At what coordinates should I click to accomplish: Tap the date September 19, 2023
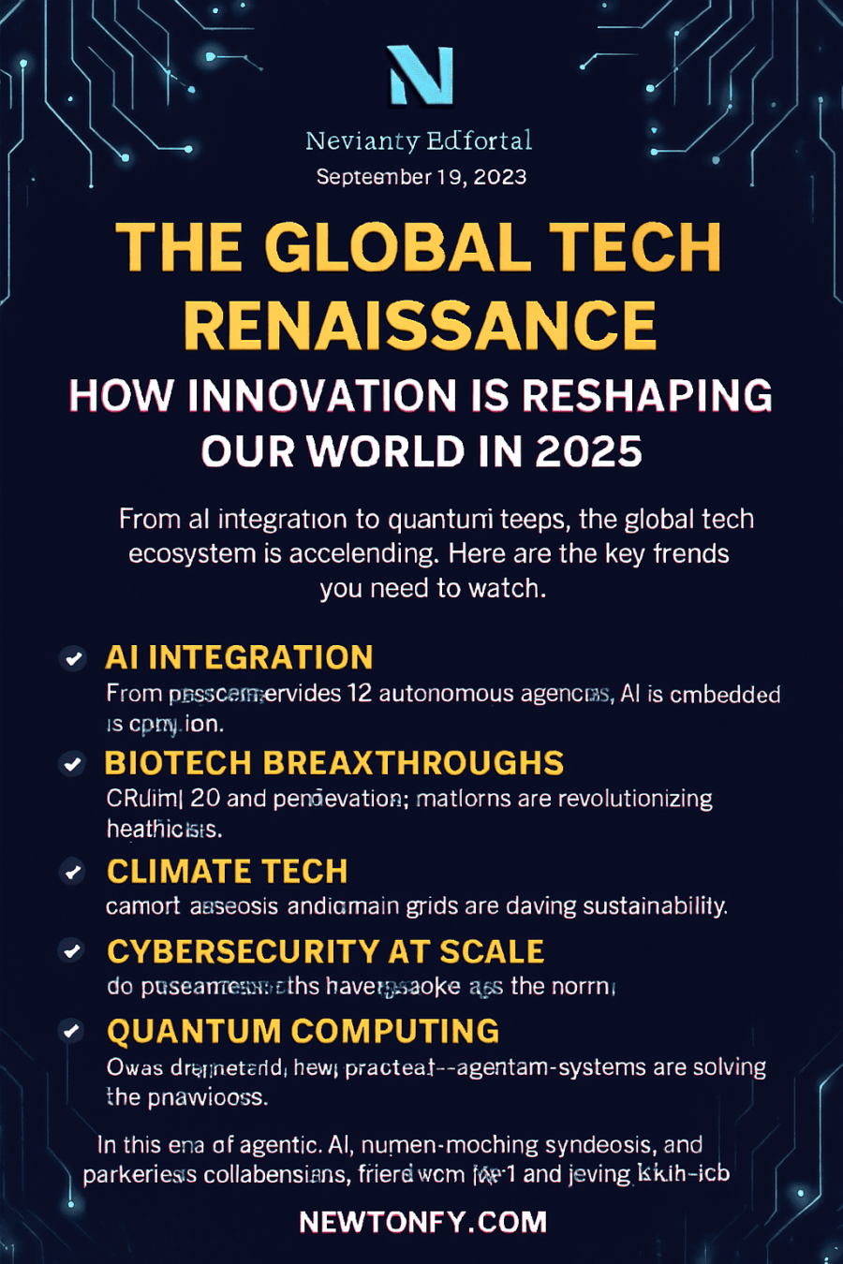[421, 177]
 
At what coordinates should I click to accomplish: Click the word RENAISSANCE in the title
[421, 325]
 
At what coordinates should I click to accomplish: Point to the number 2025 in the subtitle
[588, 451]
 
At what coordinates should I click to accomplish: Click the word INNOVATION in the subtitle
[321, 396]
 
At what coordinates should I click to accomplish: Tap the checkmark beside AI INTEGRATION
[73, 658]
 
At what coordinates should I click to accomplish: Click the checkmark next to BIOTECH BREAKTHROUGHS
[73, 764]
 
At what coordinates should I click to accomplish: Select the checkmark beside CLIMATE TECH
[73, 872]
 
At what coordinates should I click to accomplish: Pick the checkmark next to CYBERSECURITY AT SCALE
[73, 951]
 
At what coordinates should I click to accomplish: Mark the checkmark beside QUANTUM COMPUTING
[73, 1031]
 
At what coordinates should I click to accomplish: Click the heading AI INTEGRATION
[239, 657]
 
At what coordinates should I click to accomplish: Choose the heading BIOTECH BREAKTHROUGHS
[334, 763]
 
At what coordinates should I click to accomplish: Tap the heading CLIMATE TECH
[228, 871]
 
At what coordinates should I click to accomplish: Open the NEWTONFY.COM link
[422, 1222]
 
